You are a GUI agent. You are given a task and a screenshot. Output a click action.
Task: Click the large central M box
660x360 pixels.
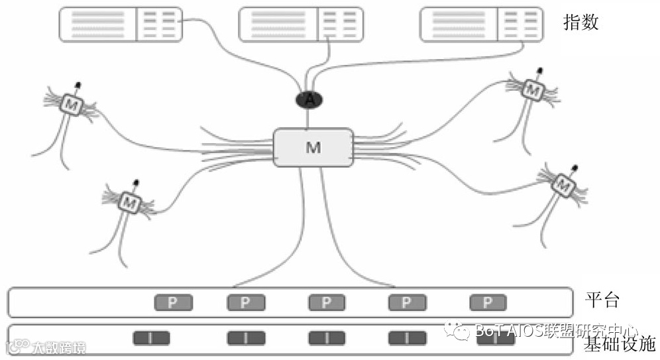tap(313, 147)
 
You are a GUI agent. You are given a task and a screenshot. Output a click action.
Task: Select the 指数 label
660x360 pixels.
tap(580, 23)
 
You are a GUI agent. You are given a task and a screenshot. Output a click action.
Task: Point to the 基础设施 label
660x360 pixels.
tap(619, 343)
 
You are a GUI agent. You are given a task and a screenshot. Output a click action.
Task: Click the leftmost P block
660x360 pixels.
tap(174, 303)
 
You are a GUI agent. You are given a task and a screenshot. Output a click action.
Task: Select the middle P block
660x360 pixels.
tap(327, 303)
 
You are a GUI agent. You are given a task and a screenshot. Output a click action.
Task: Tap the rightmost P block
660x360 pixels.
tap(488, 303)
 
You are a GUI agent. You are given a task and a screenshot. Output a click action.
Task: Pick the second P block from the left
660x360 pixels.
tap(246, 303)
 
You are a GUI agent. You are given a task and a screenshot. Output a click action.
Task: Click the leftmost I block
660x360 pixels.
tap(151, 338)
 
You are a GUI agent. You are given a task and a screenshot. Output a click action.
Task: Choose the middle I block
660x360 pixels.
tap(327, 338)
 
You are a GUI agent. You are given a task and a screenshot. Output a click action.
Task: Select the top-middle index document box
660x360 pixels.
tap(300, 24)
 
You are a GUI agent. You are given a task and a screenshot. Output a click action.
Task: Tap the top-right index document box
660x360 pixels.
tap(480, 24)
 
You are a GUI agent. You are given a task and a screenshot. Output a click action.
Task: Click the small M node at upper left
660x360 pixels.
tap(70, 104)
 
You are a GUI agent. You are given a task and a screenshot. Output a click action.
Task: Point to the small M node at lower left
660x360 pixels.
tap(129, 203)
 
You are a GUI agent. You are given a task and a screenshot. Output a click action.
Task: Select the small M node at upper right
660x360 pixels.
tap(532, 88)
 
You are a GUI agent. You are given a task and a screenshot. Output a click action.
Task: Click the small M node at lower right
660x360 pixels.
tap(563, 184)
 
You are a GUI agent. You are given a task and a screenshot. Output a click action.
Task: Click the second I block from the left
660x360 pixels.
tap(246, 338)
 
